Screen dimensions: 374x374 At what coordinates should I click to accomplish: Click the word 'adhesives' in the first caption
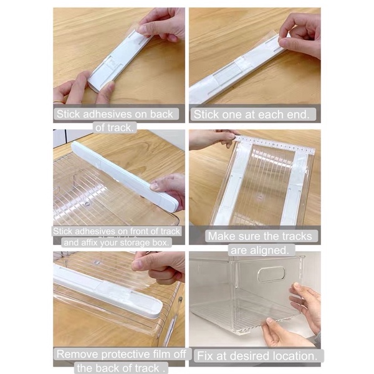point(107,114)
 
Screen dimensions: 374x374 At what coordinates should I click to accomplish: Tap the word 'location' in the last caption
point(295,356)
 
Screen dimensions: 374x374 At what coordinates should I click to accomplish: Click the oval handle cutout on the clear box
point(271,274)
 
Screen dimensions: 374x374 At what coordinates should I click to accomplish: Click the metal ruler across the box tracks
point(274,144)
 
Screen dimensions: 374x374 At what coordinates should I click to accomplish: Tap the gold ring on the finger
point(59,102)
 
